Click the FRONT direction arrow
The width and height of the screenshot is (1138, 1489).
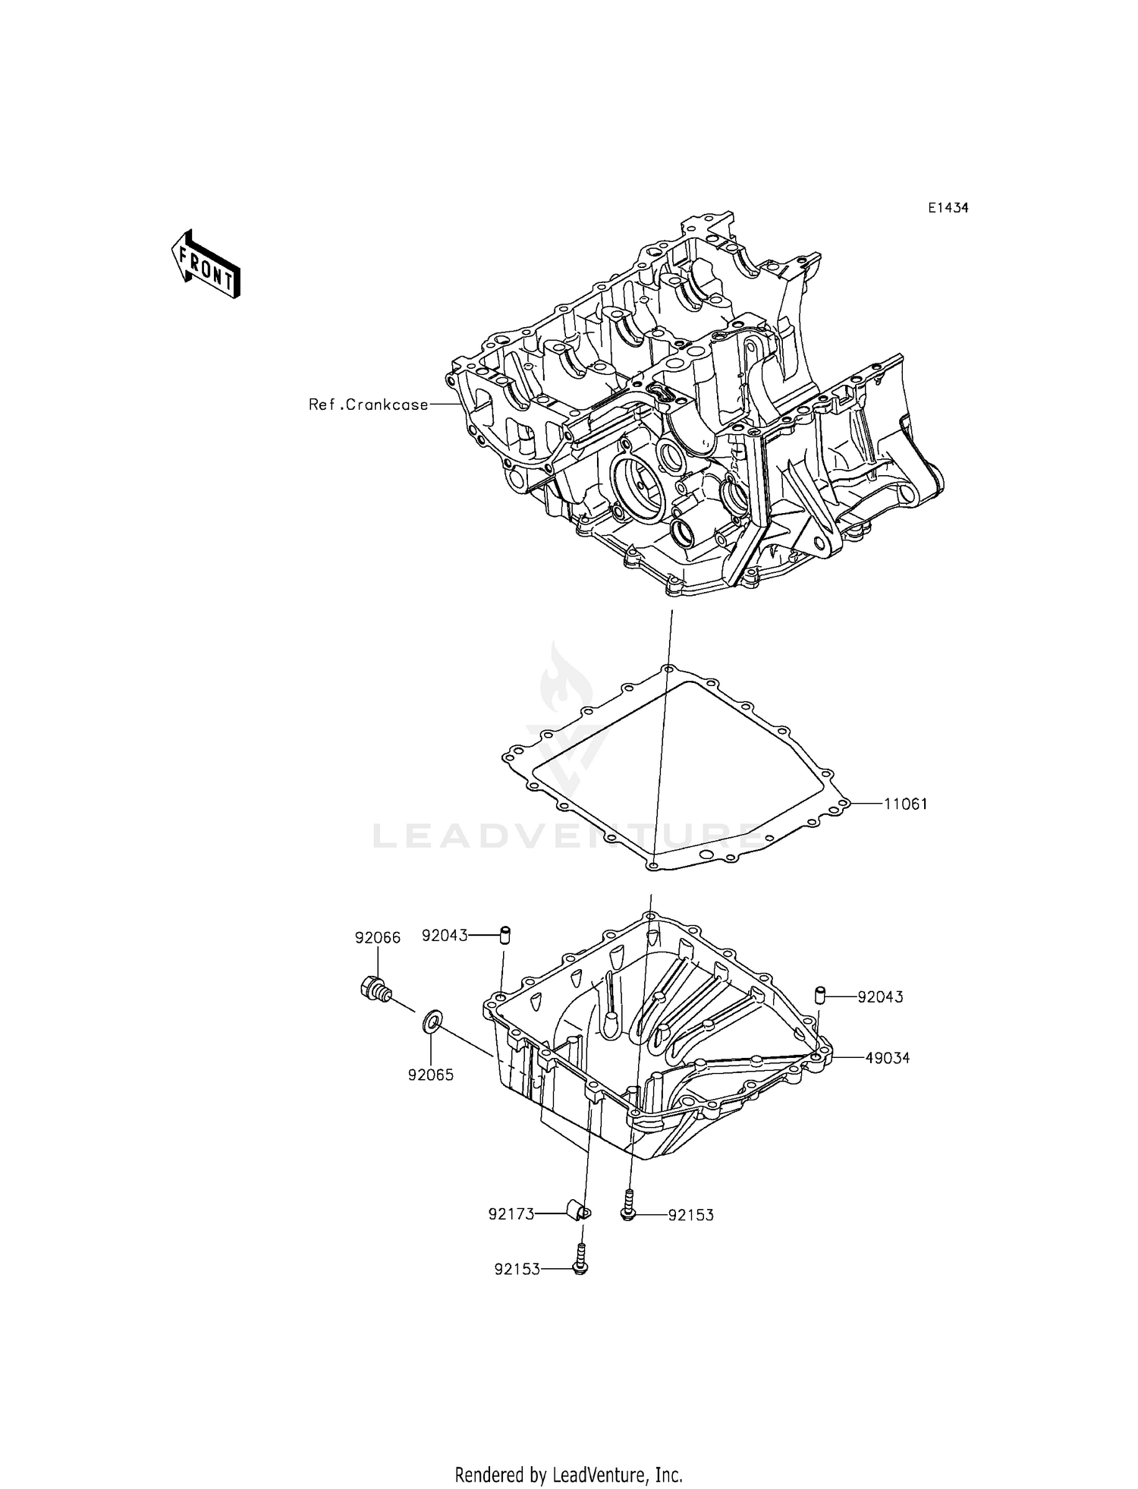pyautogui.click(x=205, y=263)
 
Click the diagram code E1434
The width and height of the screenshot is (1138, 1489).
pyautogui.click(x=947, y=208)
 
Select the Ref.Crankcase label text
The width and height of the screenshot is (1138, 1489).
pyautogui.click(x=369, y=405)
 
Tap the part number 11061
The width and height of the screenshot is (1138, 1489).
pyautogui.click(x=905, y=804)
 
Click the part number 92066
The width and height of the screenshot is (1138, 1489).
pyautogui.click(x=377, y=938)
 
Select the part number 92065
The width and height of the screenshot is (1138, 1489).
pyautogui.click(x=430, y=1075)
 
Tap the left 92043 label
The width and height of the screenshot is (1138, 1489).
pyautogui.click(x=445, y=937)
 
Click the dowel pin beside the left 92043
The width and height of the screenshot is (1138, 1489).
pyautogui.click(x=504, y=934)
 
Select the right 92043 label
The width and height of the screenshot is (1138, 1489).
pyautogui.click(x=880, y=997)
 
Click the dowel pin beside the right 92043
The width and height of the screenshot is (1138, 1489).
pyautogui.click(x=820, y=994)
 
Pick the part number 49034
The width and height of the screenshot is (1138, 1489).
pyautogui.click(x=887, y=1057)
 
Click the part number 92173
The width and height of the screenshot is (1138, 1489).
pyautogui.click(x=511, y=1214)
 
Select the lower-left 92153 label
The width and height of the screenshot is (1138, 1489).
pyautogui.click(x=517, y=1269)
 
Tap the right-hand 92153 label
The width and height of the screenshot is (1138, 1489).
pyautogui.click(x=691, y=1215)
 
